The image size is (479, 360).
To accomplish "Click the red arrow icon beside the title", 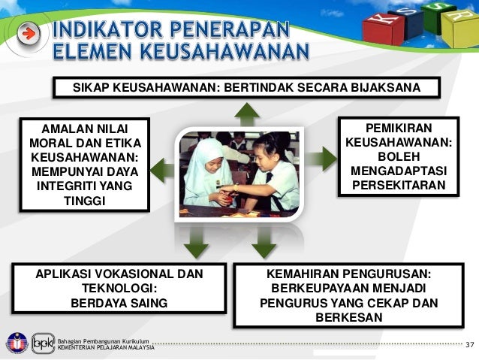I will pos(28,35).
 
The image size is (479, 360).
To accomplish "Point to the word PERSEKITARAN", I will pos(398,186).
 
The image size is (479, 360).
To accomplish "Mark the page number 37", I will pos(470,345).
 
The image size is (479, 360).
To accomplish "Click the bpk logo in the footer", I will pos(42,343).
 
